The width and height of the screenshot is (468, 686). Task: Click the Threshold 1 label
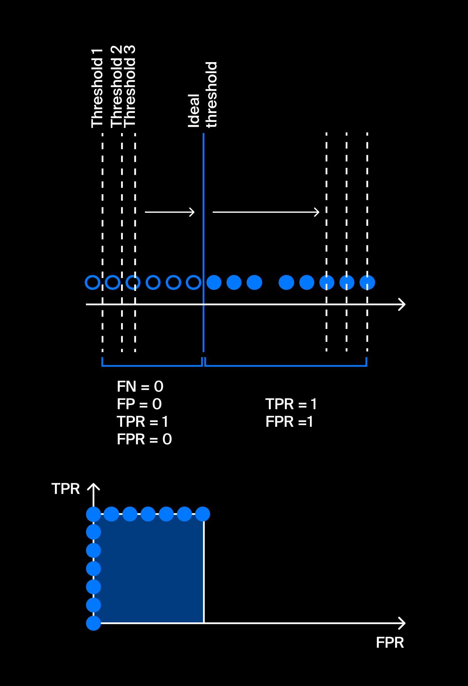coord(97,88)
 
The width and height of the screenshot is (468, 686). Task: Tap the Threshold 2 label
coord(117,87)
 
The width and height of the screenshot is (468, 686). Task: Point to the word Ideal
coord(194,110)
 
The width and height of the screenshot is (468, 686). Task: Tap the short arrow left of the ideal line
coord(170,212)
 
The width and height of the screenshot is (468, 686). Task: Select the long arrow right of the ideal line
coord(266,212)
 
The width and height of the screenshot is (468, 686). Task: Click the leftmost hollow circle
coord(93,282)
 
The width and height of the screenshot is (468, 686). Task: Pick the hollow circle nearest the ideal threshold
coord(193,282)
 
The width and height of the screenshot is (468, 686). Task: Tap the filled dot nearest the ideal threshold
coord(214,282)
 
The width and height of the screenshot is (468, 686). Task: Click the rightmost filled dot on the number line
coord(367,282)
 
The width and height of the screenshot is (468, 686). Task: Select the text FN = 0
coord(140,386)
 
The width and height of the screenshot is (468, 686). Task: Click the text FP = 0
coord(139,404)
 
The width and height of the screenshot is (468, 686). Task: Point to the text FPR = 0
coord(144,439)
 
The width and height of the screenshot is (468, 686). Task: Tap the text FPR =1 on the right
coord(289,421)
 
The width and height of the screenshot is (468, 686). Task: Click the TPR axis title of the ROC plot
coord(66,489)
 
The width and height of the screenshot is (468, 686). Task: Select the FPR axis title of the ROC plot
coord(390,642)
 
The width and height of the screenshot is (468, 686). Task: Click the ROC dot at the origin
coord(93,623)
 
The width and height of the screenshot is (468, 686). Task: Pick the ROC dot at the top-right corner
coord(203,514)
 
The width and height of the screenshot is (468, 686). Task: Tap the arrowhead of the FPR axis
coord(402,623)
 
